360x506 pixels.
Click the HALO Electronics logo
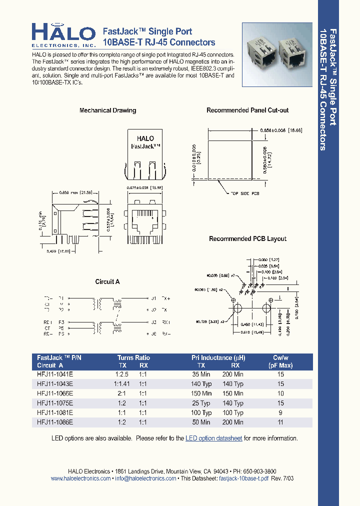coord(63,35)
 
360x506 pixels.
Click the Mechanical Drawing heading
coord(107,110)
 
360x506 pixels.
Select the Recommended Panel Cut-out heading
coord(247,110)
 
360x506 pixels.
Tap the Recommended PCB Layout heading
coord(247,239)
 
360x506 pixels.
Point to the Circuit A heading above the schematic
coord(107,282)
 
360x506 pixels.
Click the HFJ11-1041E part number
coord(55,374)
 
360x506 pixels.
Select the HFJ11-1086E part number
coord(55,422)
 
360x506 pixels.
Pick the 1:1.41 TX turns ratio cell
coord(121,384)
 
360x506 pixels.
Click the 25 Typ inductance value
coord(202,403)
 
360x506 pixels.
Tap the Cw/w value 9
coord(280,412)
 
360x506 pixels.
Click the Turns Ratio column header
coord(133,358)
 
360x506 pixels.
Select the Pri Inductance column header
coord(218,358)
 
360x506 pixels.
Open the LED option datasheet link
coord(214,438)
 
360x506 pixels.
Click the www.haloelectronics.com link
coord(80,478)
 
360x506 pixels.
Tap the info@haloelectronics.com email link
coord(145,478)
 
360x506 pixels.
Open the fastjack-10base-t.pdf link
coord(244,478)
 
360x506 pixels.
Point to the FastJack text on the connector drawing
coord(145,146)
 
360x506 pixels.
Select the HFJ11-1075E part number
coord(55,403)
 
